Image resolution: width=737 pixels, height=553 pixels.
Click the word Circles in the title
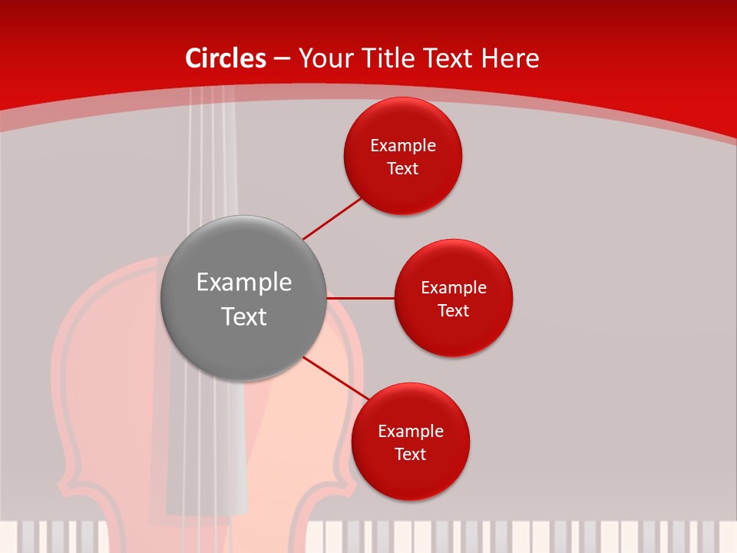[x=226, y=58]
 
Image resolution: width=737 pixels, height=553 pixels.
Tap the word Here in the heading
[x=510, y=58]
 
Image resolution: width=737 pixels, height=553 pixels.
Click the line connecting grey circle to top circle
[x=332, y=218]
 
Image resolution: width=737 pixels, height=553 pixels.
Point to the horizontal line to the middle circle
[x=361, y=297]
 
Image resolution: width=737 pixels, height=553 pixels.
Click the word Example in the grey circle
[x=244, y=283]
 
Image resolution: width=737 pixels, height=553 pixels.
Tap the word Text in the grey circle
[x=244, y=316]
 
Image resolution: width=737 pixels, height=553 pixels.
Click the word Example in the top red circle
[x=403, y=146]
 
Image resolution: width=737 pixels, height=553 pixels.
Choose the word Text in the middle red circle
[x=454, y=311]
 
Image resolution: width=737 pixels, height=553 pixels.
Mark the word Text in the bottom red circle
[x=411, y=455]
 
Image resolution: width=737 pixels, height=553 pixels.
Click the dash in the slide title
[x=282, y=59]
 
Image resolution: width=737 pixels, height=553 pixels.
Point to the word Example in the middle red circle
[x=454, y=288]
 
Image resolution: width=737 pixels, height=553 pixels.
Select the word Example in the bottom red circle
[x=411, y=432]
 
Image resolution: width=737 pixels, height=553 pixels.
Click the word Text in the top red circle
[x=403, y=169]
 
